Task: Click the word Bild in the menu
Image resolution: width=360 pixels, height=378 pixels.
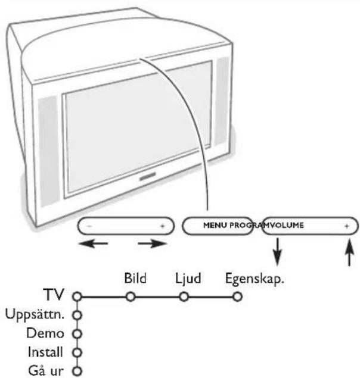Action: (x=135, y=277)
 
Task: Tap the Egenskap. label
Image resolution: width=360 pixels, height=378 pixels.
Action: (x=252, y=277)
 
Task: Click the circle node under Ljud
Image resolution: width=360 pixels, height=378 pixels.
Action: (x=184, y=296)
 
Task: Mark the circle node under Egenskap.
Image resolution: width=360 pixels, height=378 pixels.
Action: (x=237, y=296)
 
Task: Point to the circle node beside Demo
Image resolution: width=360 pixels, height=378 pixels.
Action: (x=76, y=332)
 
